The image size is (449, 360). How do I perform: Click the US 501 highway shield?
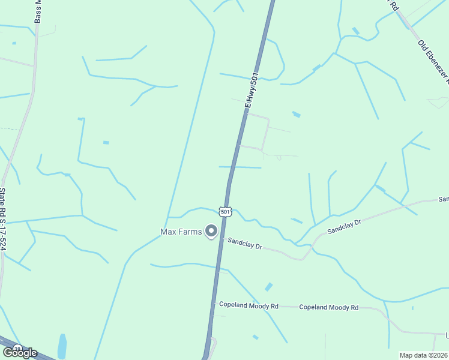tap(224, 211)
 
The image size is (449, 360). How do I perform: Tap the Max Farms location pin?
tap(211, 230)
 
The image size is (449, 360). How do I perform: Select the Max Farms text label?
tap(180, 232)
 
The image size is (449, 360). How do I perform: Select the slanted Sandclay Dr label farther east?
tap(344, 226)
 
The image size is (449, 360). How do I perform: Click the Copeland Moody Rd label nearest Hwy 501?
tap(249, 305)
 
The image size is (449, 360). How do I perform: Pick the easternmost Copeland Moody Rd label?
tap(328, 307)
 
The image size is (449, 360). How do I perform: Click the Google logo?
tap(20, 352)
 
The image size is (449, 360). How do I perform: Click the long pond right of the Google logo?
tap(62, 346)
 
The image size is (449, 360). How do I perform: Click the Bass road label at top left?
tap(38, 11)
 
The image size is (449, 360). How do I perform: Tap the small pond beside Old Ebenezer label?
tap(356, 31)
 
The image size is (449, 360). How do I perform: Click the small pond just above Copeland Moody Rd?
tap(268, 287)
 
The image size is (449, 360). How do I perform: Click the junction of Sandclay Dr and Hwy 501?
tap(221, 238)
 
